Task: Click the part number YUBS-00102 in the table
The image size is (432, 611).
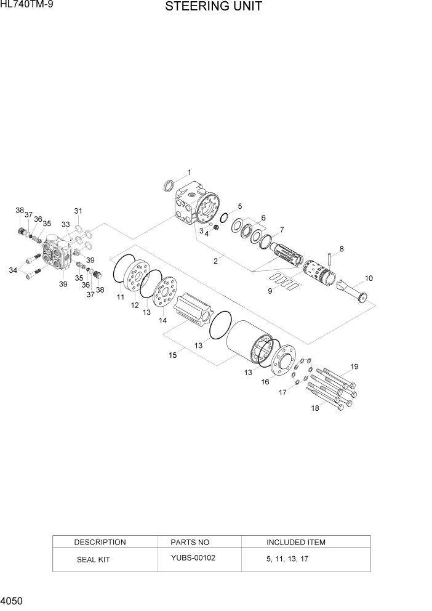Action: [193, 558]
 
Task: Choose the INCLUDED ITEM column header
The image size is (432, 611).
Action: [295, 542]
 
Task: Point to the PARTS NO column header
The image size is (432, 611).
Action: [190, 542]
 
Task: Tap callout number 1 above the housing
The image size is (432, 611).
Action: [190, 172]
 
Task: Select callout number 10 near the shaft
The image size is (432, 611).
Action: [369, 278]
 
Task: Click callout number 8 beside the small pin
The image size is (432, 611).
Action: [342, 249]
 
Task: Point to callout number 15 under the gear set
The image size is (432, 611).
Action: [172, 355]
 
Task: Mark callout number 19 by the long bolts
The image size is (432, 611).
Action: [354, 367]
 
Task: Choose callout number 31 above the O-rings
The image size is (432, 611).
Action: [78, 211]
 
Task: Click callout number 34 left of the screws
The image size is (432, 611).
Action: [12, 269]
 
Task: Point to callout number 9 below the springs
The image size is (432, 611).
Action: [270, 291]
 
